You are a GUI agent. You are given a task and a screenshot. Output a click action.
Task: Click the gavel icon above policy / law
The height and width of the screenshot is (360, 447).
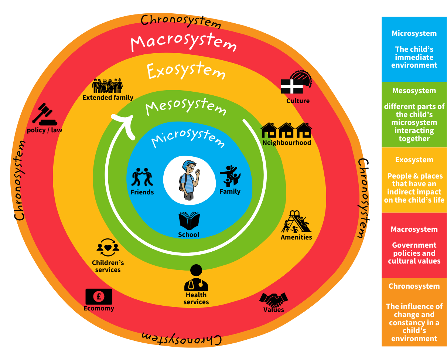(x=44, y=114)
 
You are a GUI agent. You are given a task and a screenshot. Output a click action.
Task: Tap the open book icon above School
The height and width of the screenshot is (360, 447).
(x=189, y=221)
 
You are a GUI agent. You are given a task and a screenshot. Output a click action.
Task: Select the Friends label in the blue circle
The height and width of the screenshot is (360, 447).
(x=142, y=192)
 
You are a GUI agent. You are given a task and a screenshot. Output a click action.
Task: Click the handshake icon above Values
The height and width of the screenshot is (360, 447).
(x=273, y=299)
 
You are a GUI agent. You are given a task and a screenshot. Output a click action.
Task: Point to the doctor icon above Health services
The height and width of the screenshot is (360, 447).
(x=196, y=278)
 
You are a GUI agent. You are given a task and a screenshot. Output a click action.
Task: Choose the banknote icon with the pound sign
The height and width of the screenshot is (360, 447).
(x=99, y=296)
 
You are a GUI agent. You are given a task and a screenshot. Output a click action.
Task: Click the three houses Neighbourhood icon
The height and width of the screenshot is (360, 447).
(x=286, y=130)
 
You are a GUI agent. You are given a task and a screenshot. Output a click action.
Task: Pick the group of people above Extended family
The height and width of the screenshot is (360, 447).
(x=108, y=86)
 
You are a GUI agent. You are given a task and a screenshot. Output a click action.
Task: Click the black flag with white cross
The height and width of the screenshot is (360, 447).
(x=292, y=86)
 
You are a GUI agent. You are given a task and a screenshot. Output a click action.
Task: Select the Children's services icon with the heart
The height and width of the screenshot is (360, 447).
(x=108, y=247)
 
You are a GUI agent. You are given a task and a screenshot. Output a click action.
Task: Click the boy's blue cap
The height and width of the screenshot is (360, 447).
(x=189, y=163)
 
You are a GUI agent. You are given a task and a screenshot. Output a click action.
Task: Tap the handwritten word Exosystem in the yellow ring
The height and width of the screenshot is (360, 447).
(x=186, y=70)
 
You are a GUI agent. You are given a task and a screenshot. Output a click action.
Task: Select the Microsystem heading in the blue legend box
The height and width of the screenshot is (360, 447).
(x=414, y=33)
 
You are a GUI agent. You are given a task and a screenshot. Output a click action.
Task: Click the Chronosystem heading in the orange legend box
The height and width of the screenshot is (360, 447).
(x=414, y=286)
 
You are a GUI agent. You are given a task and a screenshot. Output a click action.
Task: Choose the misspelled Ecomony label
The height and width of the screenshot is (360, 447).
(x=99, y=308)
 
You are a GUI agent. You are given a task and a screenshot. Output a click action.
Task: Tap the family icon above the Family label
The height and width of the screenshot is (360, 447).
(x=230, y=176)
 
